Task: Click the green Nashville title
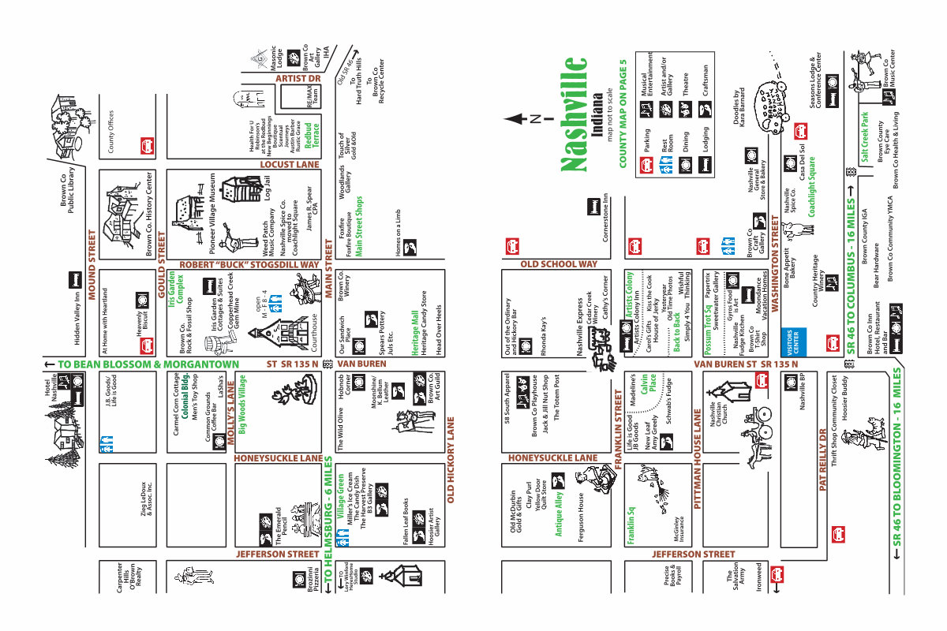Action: click(575, 114)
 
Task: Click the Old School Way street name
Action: click(558, 264)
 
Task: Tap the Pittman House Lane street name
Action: click(698, 461)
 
